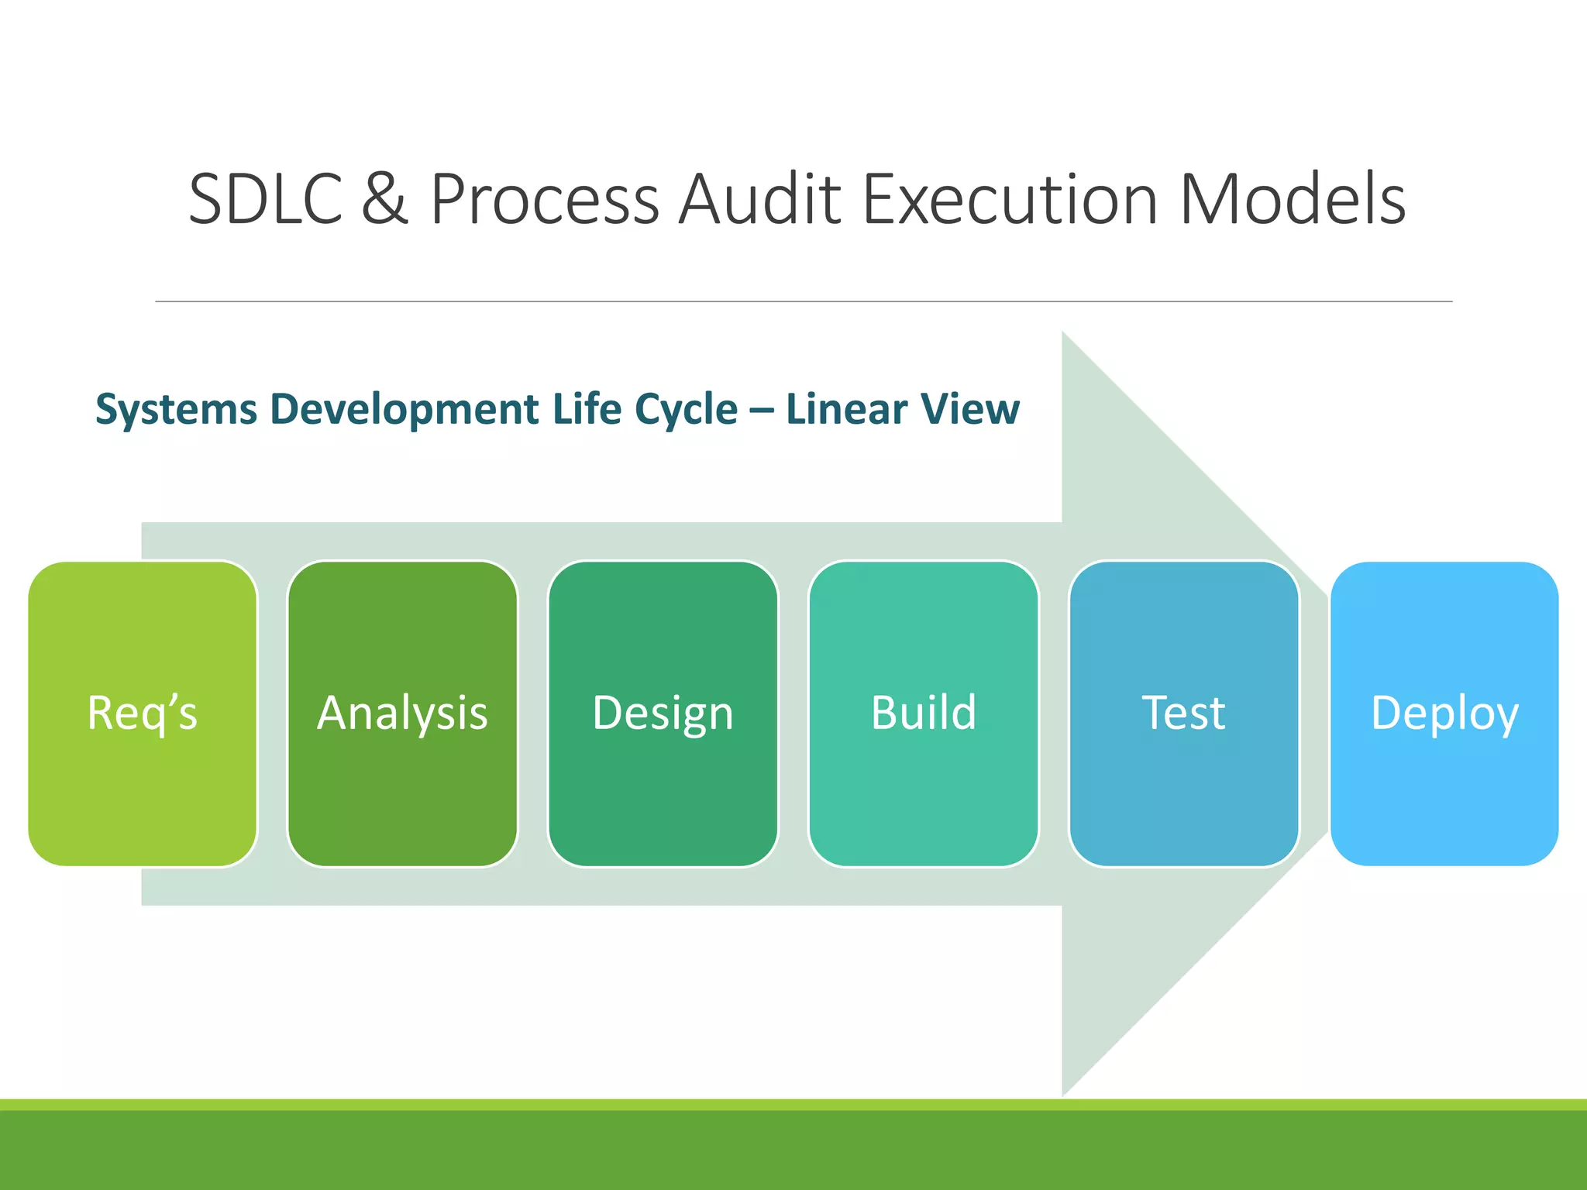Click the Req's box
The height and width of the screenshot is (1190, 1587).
pyautogui.click(x=143, y=714)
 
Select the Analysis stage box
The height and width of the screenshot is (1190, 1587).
pyautogui.click(x=402, y=714)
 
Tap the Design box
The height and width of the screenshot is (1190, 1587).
pyautogui.click(x=663, y=714)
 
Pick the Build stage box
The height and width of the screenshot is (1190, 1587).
pyautogui.click(x=923, y=714)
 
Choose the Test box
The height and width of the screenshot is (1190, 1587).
pyautogui.click(x=1183, y=714)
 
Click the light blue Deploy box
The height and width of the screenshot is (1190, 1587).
pyautogui.click(x=1444, y=714)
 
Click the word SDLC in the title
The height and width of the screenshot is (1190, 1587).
pyautogui.click(x=266, y=200)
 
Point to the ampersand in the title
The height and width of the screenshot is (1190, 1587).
pyautogui.click(x=385, y=200)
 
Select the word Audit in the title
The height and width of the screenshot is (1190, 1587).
pyautogui.click(x=759, y=200)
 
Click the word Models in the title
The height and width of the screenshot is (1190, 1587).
pyautogui.click(x=1292, y=200)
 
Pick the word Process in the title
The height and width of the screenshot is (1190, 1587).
pyautogui.click(x=545, y=200)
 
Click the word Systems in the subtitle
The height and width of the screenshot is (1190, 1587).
pyautogui.click(x=176, y=409)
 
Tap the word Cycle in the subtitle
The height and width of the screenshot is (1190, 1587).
pyautogui.click(x=686, y=409)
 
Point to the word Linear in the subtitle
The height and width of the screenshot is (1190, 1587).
pyautogui.click(x=846, y=409)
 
